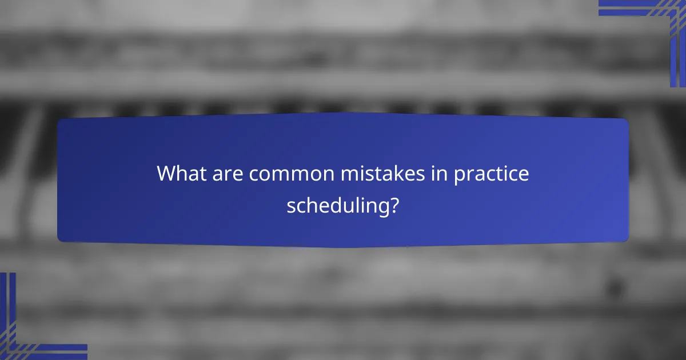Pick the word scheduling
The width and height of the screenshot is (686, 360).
(336, 206)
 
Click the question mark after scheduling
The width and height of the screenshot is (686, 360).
(394, 205)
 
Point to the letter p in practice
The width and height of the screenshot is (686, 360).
(459, 175)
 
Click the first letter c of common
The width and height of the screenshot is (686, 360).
(253, 175)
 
